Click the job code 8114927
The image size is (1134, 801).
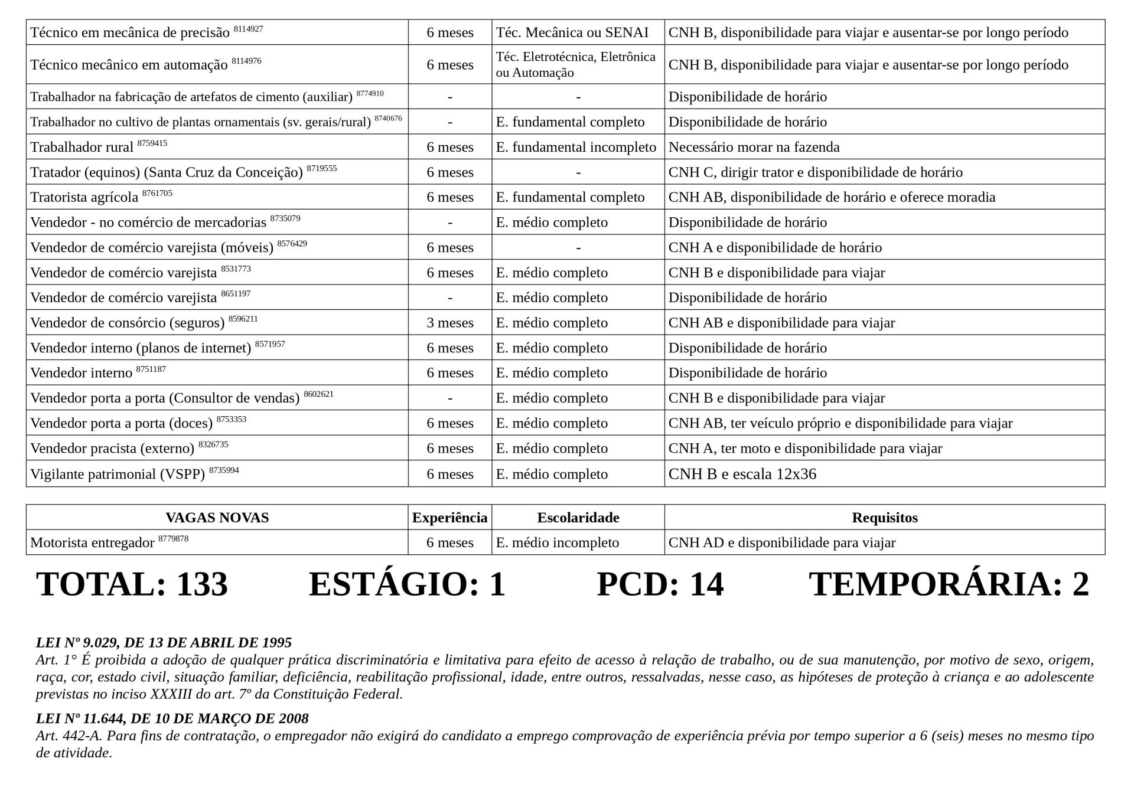[248, 29]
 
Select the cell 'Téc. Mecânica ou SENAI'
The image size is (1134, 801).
[572, 32]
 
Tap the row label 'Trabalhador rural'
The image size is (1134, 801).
[82, 148]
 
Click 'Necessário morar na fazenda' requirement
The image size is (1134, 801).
[754, 148]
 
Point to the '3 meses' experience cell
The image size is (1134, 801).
[449, 323]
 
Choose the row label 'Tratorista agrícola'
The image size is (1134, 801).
[84, 198]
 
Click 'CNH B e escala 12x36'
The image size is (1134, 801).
[742, 475]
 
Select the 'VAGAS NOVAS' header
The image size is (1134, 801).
[217, 518]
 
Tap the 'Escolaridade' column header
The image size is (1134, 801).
[578, 518]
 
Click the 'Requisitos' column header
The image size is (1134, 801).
[884, 518]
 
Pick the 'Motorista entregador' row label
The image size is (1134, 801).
[92, 543]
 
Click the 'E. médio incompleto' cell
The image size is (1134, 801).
[557, 543]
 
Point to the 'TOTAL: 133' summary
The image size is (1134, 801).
[132, 584]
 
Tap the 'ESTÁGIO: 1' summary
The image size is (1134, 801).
[407, 584]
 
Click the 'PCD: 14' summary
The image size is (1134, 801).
[660, 584]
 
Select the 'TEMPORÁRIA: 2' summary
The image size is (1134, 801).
[949, 584]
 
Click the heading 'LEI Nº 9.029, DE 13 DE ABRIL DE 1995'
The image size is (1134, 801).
[164, 642]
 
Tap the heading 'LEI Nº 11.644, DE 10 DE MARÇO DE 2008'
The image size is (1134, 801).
[172, 718]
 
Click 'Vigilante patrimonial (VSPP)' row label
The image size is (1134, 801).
[117, 475]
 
